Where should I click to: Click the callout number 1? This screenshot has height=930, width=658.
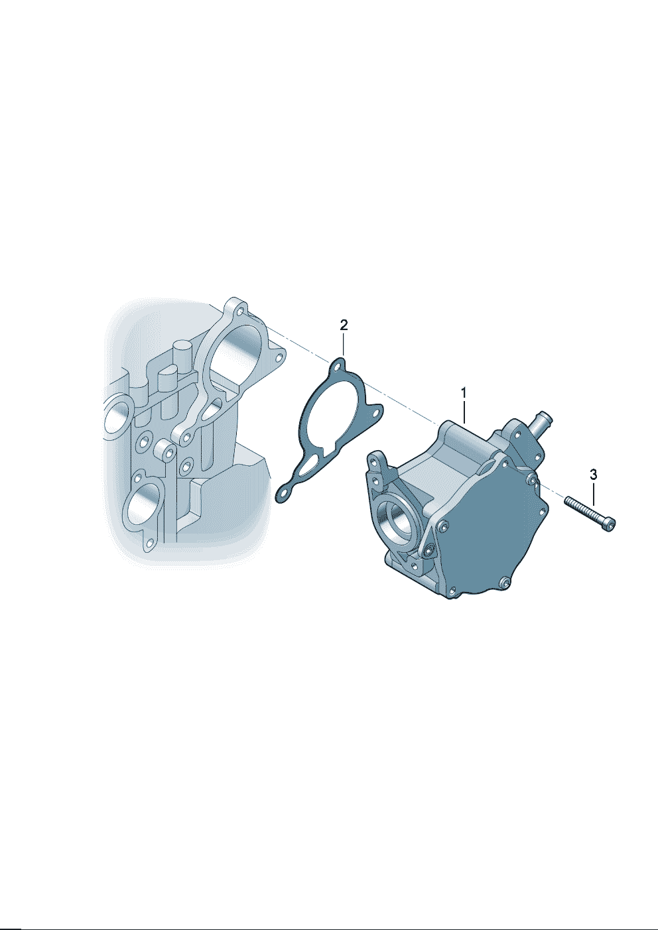point(464,392)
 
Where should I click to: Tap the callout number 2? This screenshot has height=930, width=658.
point(344,325)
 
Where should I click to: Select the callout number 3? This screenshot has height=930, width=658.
point(593,474)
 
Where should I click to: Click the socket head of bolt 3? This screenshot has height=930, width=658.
point(610,524)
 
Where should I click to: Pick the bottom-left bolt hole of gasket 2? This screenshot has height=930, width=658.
point(285,494)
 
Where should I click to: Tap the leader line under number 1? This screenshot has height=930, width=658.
point(464,412)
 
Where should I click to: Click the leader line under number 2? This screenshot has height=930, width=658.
point(344,344)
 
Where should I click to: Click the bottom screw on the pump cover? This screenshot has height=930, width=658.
point(504,582)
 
